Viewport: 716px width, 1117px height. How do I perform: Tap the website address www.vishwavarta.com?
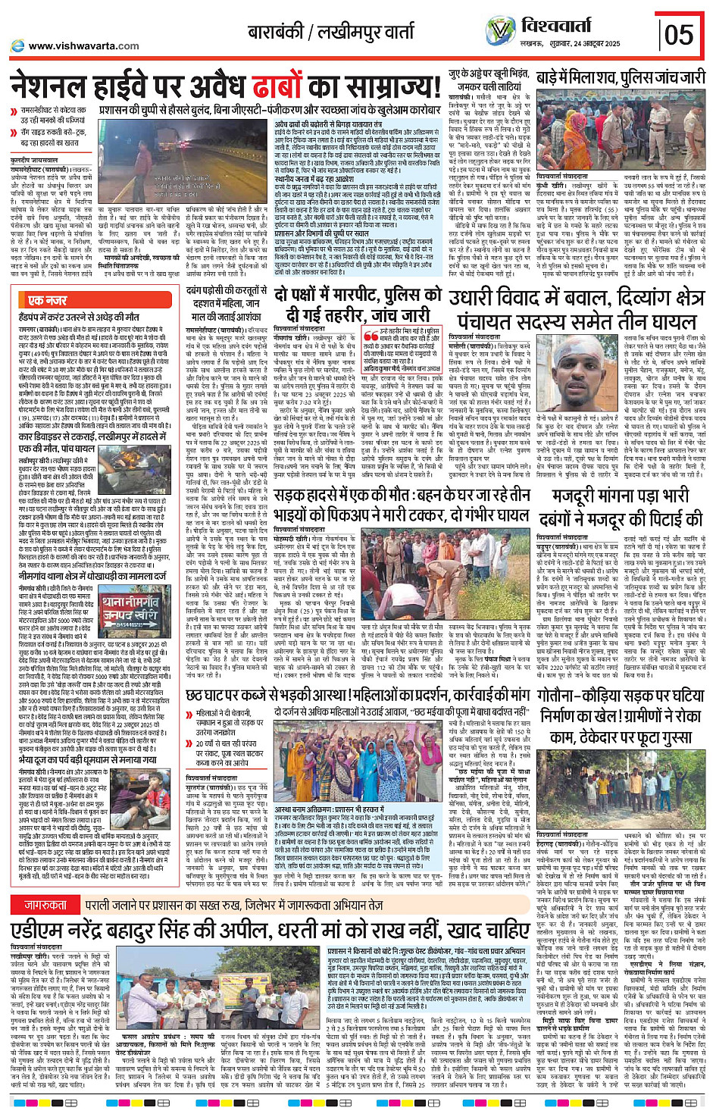(x=83, y=45)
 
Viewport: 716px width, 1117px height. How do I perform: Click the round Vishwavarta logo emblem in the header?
(x=499, y=31)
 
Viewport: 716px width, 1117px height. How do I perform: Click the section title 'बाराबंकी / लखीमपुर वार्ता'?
(x=331, y=33)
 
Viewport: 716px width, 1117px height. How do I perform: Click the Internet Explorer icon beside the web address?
(x=17, y=46)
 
